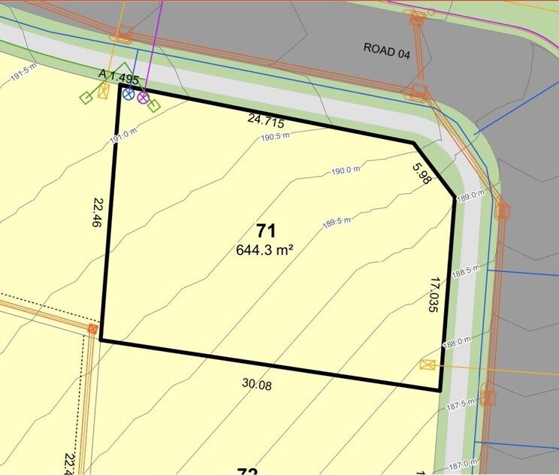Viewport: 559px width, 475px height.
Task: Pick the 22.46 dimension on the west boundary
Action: [x=98, y=212]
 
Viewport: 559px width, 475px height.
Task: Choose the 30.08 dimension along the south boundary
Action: [x=256, y=385]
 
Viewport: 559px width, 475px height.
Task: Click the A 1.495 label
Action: [x=119, y=76]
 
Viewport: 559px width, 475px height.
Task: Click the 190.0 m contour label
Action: [x=346, y=171]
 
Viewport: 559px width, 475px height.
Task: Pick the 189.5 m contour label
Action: [x=338, y=222]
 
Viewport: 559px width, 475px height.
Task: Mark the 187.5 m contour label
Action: [x=461, y=404]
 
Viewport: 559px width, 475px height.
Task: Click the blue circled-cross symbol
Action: [x=128, y=95]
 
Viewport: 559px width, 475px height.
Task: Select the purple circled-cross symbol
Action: [x=143, y=97]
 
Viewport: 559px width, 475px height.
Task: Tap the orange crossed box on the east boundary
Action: [x=428, y=365]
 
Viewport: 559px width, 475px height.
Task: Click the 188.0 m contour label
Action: [x=458, y=342]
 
